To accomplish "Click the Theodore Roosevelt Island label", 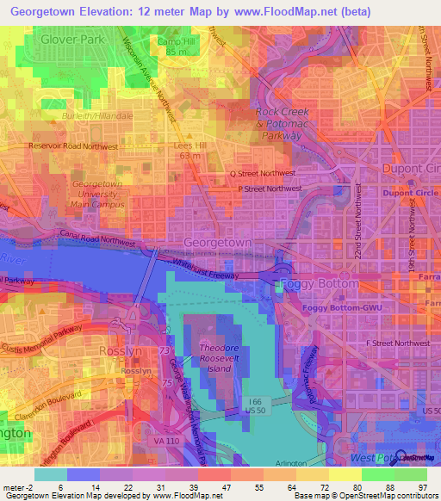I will (224, 357).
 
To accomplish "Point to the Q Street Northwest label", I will (265, 173).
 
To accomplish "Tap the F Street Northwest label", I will (397, 343).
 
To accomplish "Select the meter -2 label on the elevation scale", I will (18, 486).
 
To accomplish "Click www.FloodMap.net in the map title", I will (282, 9).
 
